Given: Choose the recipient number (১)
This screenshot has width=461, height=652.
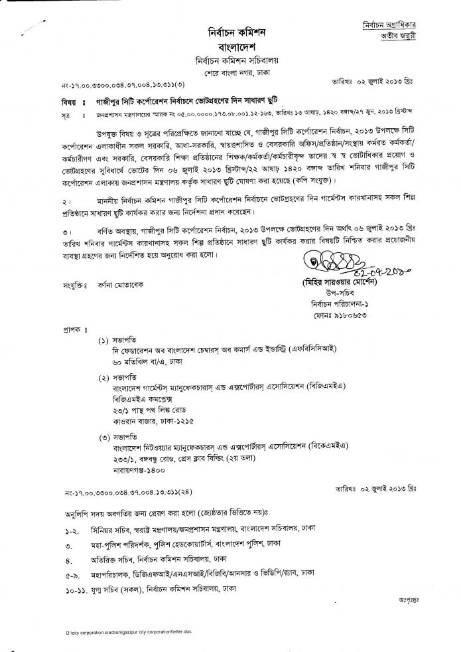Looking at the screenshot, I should coord(104,340).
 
